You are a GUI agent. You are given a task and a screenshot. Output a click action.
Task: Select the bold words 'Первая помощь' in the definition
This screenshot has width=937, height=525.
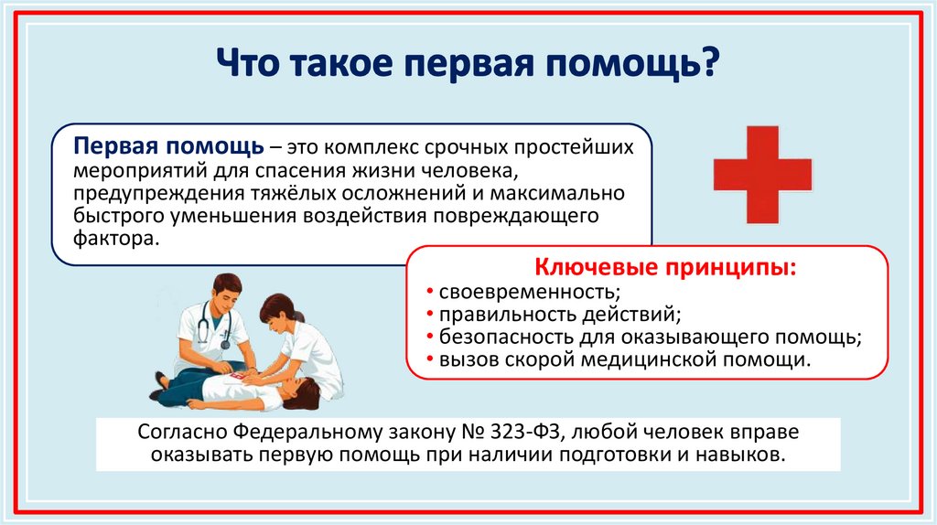pos(170,149)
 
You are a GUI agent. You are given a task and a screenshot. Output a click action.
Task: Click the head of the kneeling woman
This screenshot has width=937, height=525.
pos(278,310)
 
